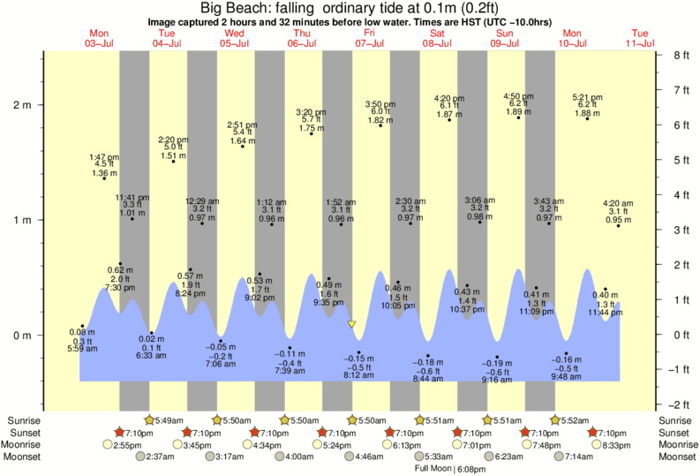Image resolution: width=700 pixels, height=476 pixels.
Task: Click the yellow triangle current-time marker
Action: click(351, 325)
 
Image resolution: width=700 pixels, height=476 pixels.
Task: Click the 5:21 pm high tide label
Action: click(587, 97)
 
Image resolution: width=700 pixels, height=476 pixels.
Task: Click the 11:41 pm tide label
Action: click(132, 197)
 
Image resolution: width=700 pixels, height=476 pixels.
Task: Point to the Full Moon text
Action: click(433, 468)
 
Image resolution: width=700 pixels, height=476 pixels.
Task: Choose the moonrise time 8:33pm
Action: click(623, 445)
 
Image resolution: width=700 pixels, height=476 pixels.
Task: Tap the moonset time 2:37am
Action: click(159, 457)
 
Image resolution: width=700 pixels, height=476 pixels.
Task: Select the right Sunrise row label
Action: click(675, 420)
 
